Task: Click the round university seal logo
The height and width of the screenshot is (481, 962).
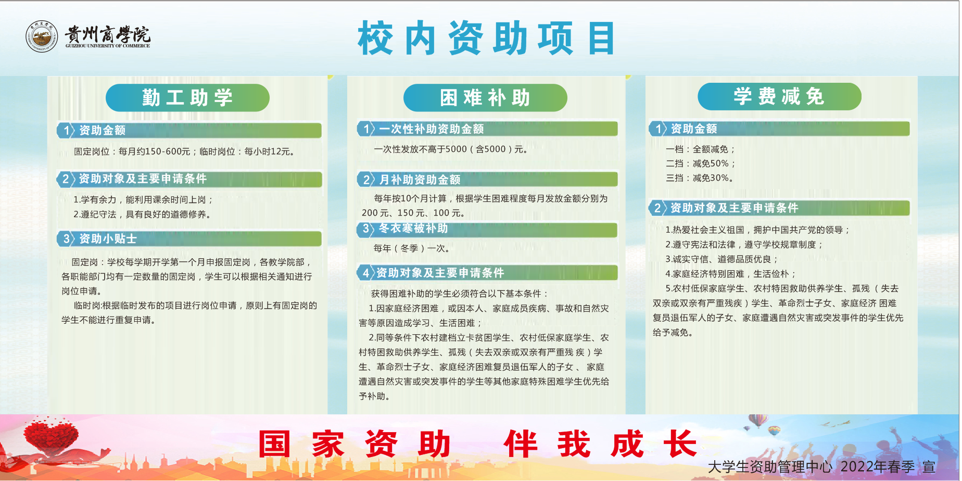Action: (x=42, y=36)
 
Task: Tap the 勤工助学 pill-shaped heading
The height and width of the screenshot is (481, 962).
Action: (x=187, y=97)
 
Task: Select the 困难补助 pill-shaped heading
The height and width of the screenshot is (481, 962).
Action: (x=485, y=97)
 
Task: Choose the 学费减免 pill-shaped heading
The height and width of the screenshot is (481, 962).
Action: (x=779, y=96)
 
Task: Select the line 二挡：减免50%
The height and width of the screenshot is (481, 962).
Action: (x=700, y=163)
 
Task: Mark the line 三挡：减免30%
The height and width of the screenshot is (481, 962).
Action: (x=699, y=178)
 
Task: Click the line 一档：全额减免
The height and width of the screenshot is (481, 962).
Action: (x=700, y=149)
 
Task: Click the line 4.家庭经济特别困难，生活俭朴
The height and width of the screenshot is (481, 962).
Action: (x=730, y=274)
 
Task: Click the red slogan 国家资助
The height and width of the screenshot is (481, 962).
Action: (x=355, y=444)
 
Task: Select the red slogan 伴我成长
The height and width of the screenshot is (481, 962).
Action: (x=600, y=444)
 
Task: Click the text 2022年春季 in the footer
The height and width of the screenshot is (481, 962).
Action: (x=877, y=467)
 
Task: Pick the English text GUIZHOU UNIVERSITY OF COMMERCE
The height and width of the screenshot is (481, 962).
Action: (x=108, y=46)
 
